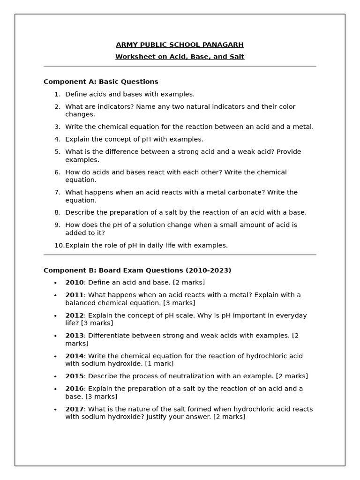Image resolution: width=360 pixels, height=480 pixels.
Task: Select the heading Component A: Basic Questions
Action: pos(101,82)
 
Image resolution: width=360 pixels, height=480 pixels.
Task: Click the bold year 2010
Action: pos(74,283)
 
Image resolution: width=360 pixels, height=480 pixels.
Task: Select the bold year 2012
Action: pos(74,315)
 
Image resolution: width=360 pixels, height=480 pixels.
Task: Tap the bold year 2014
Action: pos(74,356)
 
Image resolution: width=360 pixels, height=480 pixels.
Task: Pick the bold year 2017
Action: pos(74,409)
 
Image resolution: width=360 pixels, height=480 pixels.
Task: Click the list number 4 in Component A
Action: pos(57,139)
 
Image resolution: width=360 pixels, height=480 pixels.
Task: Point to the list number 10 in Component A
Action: pos(59,245)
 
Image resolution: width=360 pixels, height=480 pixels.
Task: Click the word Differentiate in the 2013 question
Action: pos(109,336)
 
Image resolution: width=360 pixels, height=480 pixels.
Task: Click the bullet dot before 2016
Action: pos(55,389)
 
